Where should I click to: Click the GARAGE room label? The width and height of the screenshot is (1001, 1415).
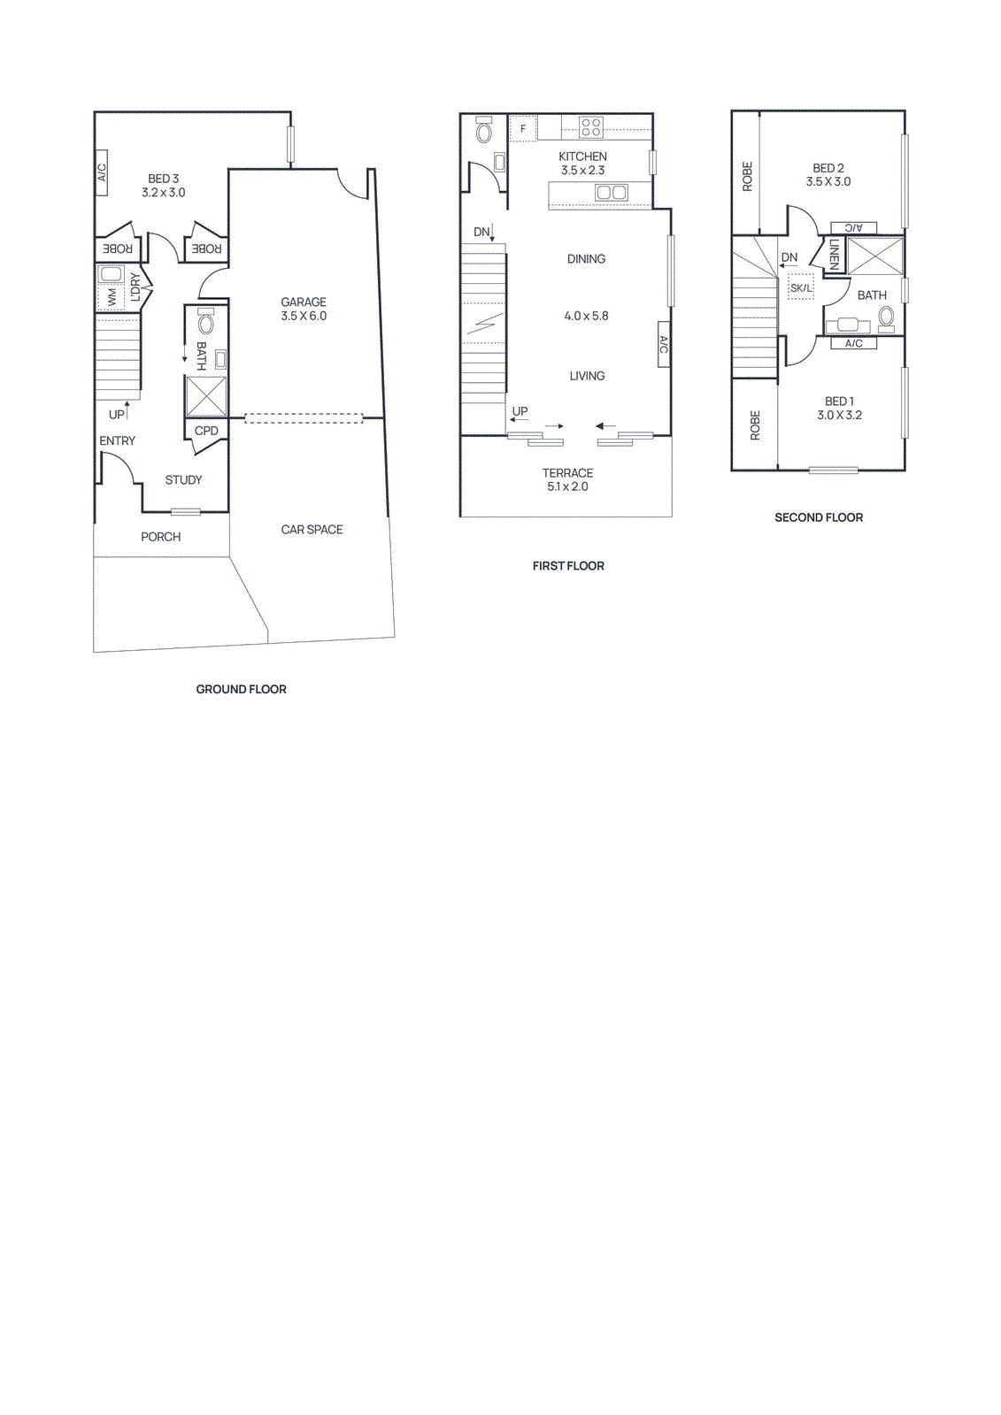click(304, 302)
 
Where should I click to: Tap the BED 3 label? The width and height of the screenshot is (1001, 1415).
click(164, 179)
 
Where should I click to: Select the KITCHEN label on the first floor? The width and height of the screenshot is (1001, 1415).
click(582, 157)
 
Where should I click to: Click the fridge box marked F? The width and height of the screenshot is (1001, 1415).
click(523, 129)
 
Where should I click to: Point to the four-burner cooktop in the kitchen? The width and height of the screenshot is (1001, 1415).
click(591, 127)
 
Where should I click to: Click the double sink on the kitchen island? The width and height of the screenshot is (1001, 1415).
click(611, 192)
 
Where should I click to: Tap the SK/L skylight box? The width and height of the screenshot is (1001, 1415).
click(801, 287)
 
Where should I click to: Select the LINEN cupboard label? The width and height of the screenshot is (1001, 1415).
click(834, 255)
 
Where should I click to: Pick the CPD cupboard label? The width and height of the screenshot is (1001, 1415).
click(206, 431)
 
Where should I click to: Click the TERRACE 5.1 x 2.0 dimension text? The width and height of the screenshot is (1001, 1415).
click(567, 486)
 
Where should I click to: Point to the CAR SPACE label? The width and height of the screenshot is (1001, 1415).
click(312, 530)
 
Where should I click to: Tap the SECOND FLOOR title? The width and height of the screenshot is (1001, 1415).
click(819, 517)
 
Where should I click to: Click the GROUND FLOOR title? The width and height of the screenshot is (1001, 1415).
click(241, 689)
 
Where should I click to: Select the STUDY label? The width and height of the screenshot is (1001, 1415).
click(183, 479)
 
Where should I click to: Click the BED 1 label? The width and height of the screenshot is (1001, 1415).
click(839, 402)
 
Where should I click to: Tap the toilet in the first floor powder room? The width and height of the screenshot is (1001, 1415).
click(484, 132)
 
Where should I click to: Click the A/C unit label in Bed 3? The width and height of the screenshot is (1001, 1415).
click(102, 172)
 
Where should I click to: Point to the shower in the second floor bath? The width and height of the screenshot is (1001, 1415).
click(875, 256)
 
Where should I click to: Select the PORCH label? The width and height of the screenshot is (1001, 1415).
click(160, 537)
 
